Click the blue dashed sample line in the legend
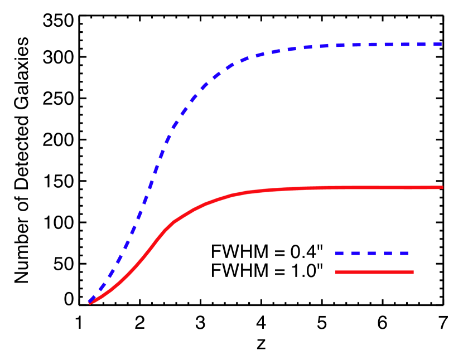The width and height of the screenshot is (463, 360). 372,253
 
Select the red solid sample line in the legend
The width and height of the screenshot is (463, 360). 374,272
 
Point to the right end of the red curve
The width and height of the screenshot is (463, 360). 442,187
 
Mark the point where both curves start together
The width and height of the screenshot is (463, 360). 90,302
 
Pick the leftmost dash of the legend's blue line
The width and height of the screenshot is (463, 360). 340,253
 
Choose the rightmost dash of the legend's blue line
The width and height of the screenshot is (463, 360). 404,253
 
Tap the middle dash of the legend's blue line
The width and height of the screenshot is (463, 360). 372,253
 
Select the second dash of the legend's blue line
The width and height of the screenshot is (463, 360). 356,253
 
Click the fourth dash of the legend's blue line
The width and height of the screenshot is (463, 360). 388,253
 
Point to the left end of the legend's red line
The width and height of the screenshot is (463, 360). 336,272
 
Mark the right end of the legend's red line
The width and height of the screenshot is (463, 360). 413,272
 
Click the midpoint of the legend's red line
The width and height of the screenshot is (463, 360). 374,272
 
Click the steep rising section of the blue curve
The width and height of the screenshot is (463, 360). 148,189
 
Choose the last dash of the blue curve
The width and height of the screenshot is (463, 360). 436,44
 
